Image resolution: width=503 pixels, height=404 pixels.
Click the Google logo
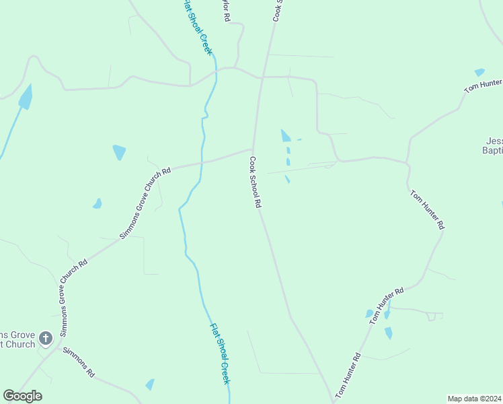pyautogui.click(x=22, y=396)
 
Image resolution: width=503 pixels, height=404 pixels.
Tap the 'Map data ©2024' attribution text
pyautogui.click(x=474, y=398)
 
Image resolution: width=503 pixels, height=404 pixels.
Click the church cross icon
pyautogui.click(x=45, y=338)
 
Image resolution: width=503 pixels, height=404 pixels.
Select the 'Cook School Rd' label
pyautogui.click(x=255, y=182)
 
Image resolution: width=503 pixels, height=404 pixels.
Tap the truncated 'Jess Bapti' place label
pyautogui.click(x=493, y=146)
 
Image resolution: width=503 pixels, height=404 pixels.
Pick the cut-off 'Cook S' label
pyautogui.click(x=276, y=11)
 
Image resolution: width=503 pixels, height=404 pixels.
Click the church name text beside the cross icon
pyautogui.click(x=17, y=339)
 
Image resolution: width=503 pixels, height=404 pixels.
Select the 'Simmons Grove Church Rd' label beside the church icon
pyautogui.click(x=73, y=298)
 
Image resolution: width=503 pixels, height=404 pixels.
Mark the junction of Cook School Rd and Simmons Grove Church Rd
pyautogui.click(x=252, y=149)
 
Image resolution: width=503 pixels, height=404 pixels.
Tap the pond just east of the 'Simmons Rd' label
pyautogui.click(x=150, y=384)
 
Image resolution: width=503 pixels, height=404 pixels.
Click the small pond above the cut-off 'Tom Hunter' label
pyautogui.click(x=479, y=72)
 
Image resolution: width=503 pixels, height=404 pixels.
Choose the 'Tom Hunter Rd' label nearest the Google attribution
pyautogui.click(x=348, y=375)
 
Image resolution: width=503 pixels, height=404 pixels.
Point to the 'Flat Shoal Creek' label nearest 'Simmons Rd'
pyautogui.click(x=220, y=353)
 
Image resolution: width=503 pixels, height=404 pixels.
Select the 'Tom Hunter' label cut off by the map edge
pyautogui.click(x=483, y=86)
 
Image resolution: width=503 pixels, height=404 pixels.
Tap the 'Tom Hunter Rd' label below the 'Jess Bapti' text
pyautogui.click(x=427, y=210)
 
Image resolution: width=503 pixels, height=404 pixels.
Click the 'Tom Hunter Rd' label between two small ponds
pyautogui.click(x=386, y=306)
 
